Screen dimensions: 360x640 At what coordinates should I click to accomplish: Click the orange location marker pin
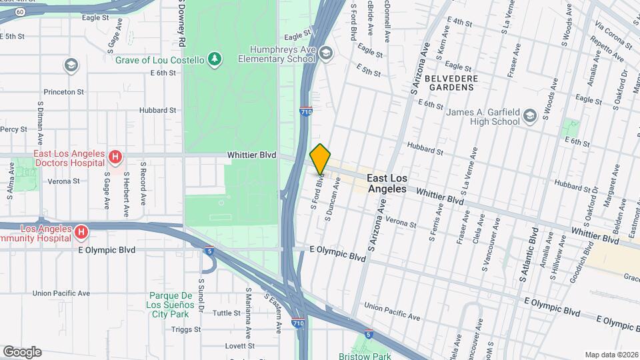point(320,159)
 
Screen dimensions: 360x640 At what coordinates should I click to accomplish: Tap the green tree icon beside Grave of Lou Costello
point(214,59)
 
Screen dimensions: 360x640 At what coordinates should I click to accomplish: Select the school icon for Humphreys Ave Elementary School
point(325,53)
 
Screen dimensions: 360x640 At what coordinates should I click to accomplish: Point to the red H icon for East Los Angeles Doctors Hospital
point(116,158)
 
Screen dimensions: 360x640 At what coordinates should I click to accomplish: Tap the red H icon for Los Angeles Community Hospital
point(81,232)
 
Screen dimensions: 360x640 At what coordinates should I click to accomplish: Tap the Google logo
point(22,351)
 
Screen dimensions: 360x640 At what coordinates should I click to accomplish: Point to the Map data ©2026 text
point(611,355)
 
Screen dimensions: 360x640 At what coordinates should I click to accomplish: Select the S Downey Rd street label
point(181,23)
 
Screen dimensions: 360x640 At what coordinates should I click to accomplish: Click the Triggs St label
point(185,329)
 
